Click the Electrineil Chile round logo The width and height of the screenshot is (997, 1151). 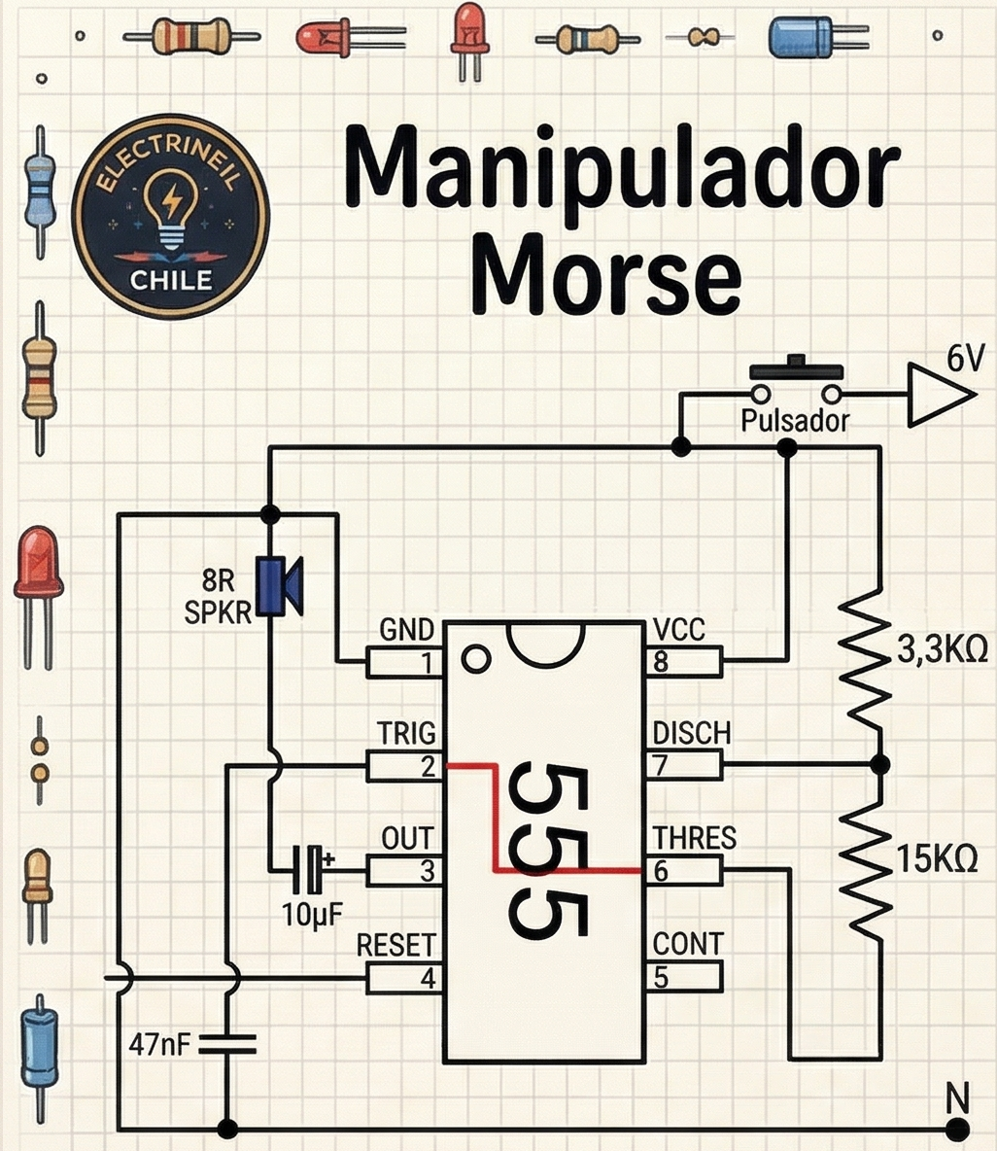pyautogui.click(x=171, y=216)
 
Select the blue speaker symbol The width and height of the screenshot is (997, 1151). pyautogui.click(x=280, y=586)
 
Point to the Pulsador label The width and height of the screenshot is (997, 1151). pyautogui.click(x=794, y=421)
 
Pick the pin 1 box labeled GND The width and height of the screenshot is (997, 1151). pyautogui.click(x=405, y=663)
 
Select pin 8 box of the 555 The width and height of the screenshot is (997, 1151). pyautogui.click(x=685, y=663)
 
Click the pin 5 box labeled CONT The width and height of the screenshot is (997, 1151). pyautogui.click(x=685, y=977)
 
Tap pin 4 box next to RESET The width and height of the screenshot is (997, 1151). pyautogui.click(x=405, y=978)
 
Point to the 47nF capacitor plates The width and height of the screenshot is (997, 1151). pyautogui.click(x=226, y=1045)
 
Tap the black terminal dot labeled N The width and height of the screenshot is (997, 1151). pyautogui.click(x=957, y=1129)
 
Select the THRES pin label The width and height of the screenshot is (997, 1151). pyautogui.click(x=694, y=838)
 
